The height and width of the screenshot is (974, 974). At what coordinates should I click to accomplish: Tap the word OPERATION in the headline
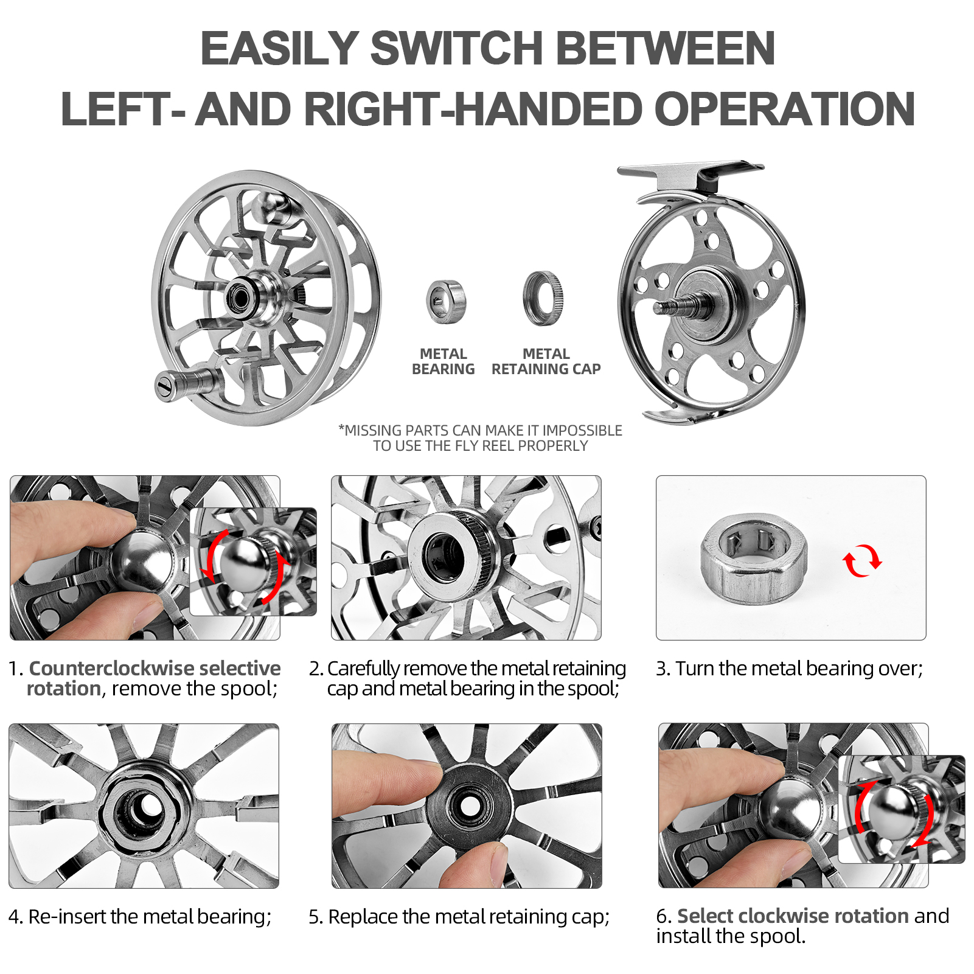784,110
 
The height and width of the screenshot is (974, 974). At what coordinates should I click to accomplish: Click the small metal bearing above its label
446,302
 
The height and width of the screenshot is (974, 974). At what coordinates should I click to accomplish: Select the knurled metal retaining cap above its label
543,299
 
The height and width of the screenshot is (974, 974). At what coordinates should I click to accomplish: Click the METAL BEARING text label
443,361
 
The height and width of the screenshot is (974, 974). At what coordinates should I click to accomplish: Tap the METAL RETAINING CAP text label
546,361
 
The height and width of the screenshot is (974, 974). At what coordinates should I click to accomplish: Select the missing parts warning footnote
480,438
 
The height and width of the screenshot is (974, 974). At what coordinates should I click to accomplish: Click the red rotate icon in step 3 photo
862,560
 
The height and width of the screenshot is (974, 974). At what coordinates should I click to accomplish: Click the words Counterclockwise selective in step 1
155,668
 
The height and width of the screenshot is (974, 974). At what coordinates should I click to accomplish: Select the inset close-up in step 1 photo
253,562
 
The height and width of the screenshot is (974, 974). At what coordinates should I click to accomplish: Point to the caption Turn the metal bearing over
789,668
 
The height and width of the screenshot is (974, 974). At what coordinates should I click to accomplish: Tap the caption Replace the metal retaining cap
459,916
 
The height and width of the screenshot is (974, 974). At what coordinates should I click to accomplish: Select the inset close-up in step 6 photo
901,809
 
